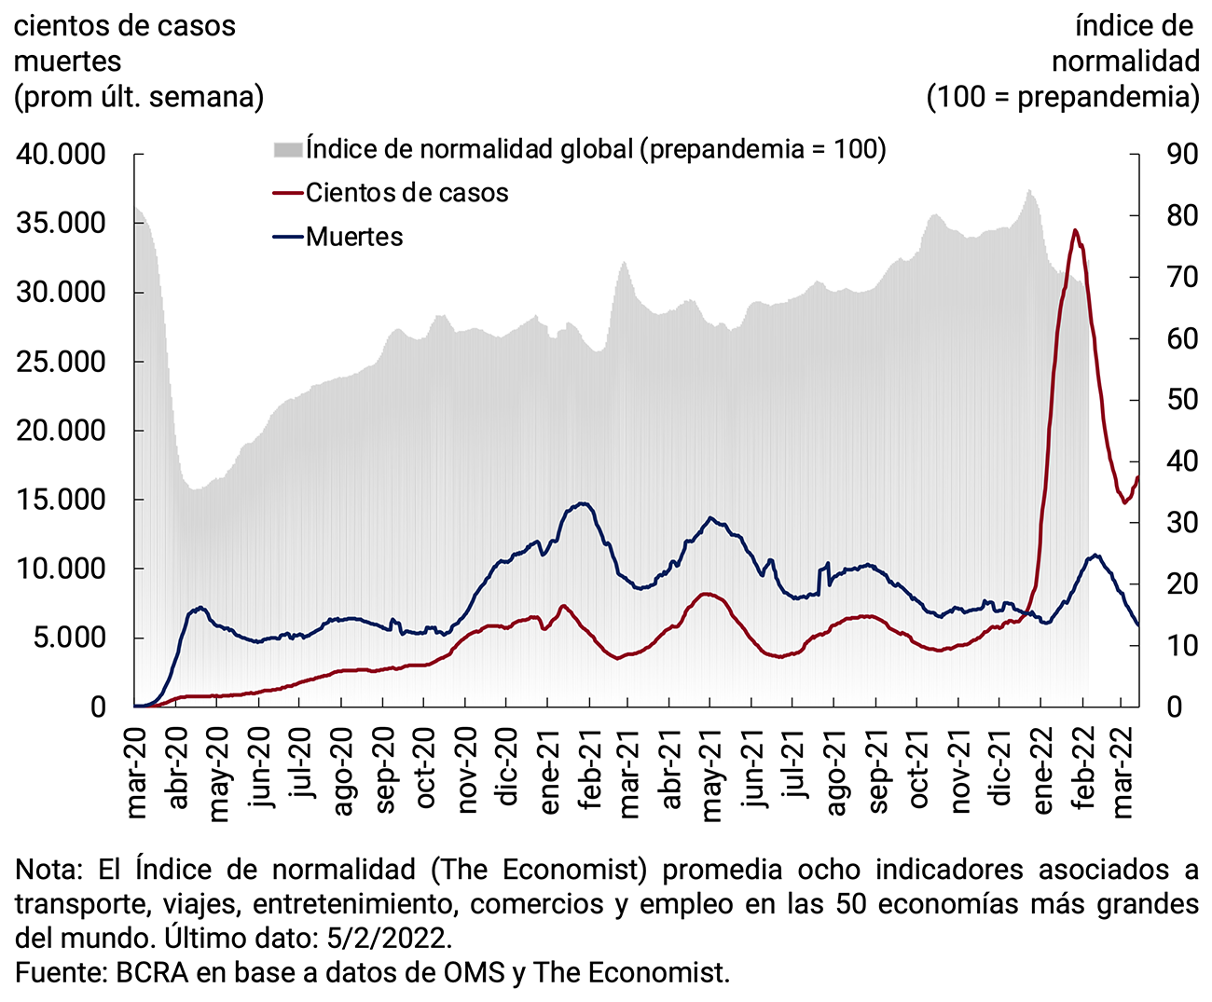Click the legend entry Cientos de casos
point(406,193)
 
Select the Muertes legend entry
point(354,237)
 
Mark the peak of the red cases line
point(1075,229)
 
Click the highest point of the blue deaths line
point(584,503)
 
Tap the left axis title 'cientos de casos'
point(125,26)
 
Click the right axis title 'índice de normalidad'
point(1125,44)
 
